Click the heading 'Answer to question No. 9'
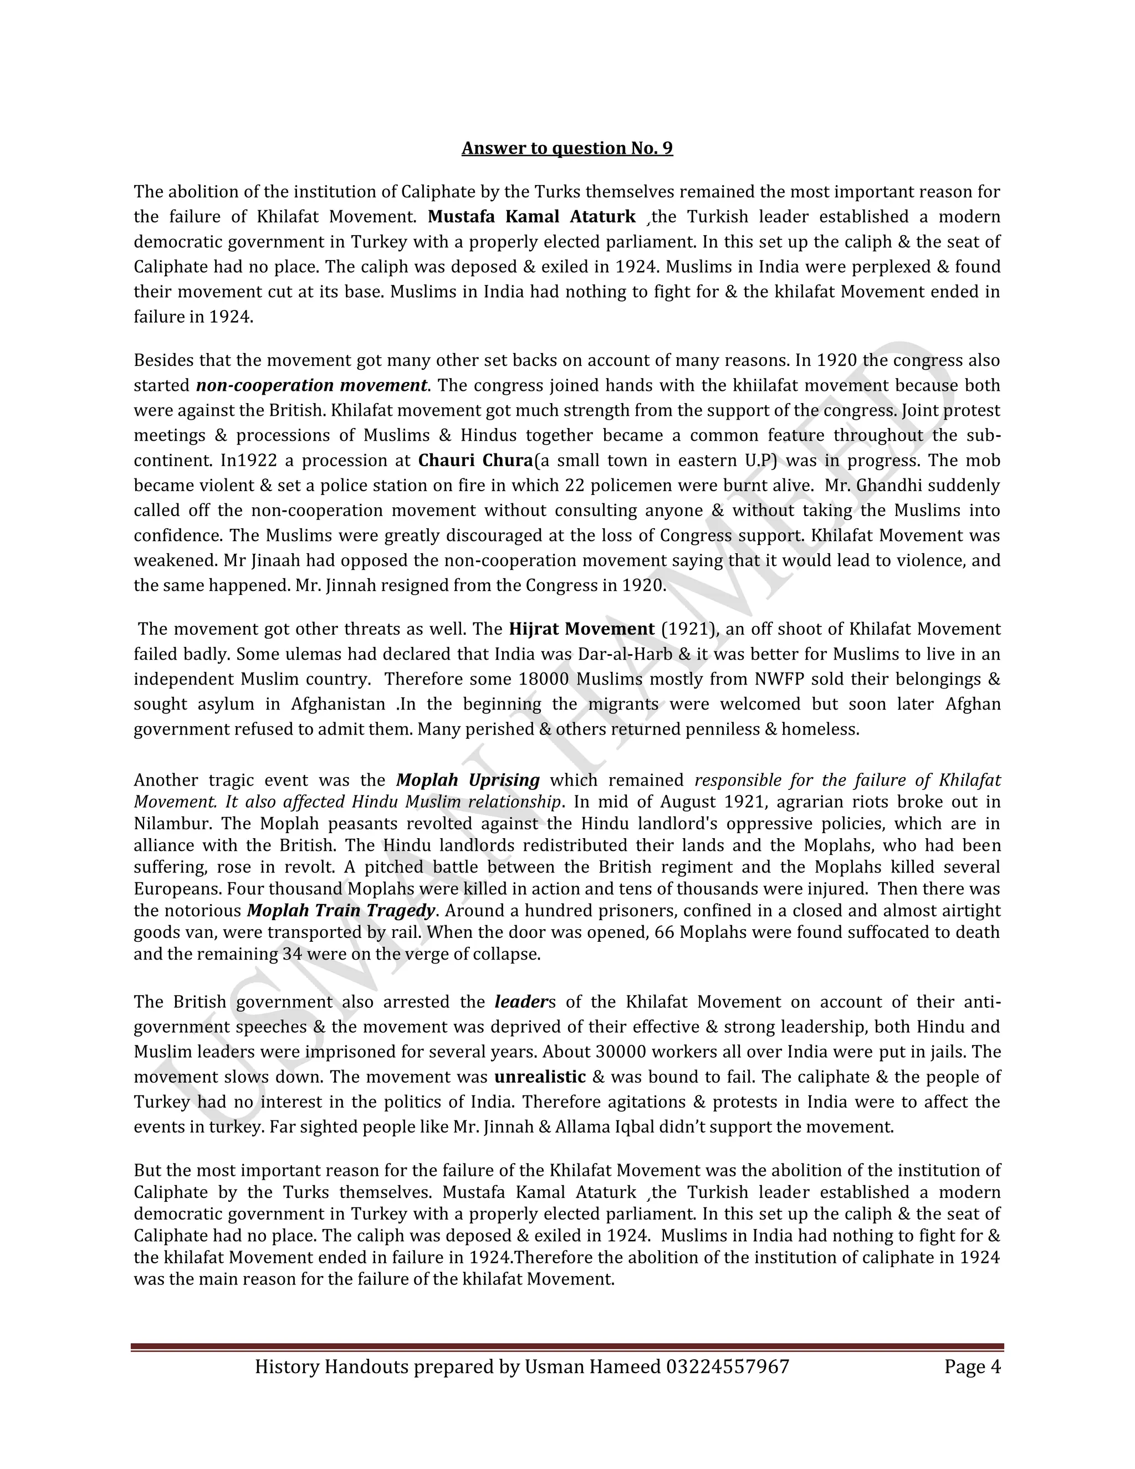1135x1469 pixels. tap(567, 148)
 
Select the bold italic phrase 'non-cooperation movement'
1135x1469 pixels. tap(311, 385)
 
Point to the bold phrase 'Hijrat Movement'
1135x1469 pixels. tap(581, 629)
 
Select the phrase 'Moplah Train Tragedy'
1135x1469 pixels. tap(341, 910)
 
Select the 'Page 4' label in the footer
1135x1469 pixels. tap(972, 1366)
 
